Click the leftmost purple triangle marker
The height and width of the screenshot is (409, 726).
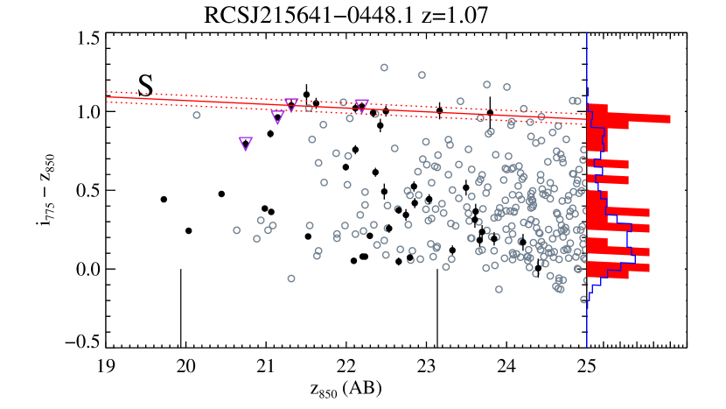tap(246, 144)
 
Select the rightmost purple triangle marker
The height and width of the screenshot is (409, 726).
tap(361, 106)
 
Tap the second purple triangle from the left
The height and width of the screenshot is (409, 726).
tap(277, 116)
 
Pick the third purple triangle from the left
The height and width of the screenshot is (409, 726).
tap(291, 105)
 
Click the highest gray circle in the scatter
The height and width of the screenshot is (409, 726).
tap(384, 67)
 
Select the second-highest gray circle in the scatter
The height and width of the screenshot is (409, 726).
tap(422, 75)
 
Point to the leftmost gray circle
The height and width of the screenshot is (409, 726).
tap(197, 115)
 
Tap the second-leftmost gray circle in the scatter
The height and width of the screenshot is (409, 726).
tap(236, 230)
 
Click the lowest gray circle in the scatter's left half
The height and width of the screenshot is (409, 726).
tap(291, 279)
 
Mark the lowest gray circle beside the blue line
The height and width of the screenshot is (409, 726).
tap(583, 300)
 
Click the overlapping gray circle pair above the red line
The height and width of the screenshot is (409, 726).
tap(575, 101)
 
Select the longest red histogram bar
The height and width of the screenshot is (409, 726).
tap(630, 118)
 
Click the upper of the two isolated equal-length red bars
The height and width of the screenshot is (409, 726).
tap(608, 164)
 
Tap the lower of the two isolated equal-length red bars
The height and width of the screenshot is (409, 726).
tap(608, 180)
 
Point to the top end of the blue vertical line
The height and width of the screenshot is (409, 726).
tap(587, 34)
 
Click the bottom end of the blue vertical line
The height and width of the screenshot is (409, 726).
tap(587, 348)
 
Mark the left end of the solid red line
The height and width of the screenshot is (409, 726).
tap(107, 96)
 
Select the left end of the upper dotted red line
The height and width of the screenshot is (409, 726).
tap(107, 91)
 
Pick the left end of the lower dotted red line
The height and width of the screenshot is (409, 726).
tap(107, 102)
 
